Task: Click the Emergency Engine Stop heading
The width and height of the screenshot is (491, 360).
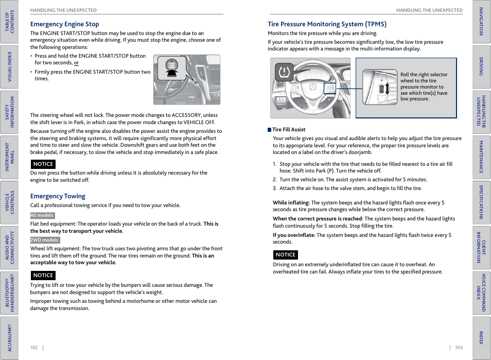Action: (x=64, y=24)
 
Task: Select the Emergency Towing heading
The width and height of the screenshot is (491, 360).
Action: (x=58, y=196)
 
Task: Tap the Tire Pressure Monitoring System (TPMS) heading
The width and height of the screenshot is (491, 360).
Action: (x=327, y=24)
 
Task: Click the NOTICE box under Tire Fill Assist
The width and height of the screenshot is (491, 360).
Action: (x=285, y=255)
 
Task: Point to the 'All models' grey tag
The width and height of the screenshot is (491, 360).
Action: (x=42, y=216)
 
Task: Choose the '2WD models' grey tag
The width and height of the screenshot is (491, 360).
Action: (x=45, y=240)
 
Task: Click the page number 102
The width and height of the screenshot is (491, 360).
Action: (x=34, y=348)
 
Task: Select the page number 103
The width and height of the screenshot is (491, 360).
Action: (x=459, y=348)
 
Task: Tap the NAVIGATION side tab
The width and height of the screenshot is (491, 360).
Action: (x=481, y=21)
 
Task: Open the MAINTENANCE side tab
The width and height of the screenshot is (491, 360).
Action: (x=481, y=157)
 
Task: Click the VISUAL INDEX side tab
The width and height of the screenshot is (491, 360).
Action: (x=9, y=67)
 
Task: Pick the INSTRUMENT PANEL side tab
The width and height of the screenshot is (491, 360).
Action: (x=9, y=157)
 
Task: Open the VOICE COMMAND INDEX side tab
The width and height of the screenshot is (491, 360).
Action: (x=481, y=293)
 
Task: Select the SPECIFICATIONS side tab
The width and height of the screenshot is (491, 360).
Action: (x=481, y=202)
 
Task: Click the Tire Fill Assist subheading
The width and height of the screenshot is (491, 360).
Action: (x=289, y=130)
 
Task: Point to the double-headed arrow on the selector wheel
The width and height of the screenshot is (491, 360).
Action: (x=388, y=88)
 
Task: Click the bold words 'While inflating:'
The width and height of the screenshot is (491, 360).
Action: (x=291, y=203)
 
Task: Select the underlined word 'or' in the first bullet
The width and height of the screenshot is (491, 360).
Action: (x=76, y=63)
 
